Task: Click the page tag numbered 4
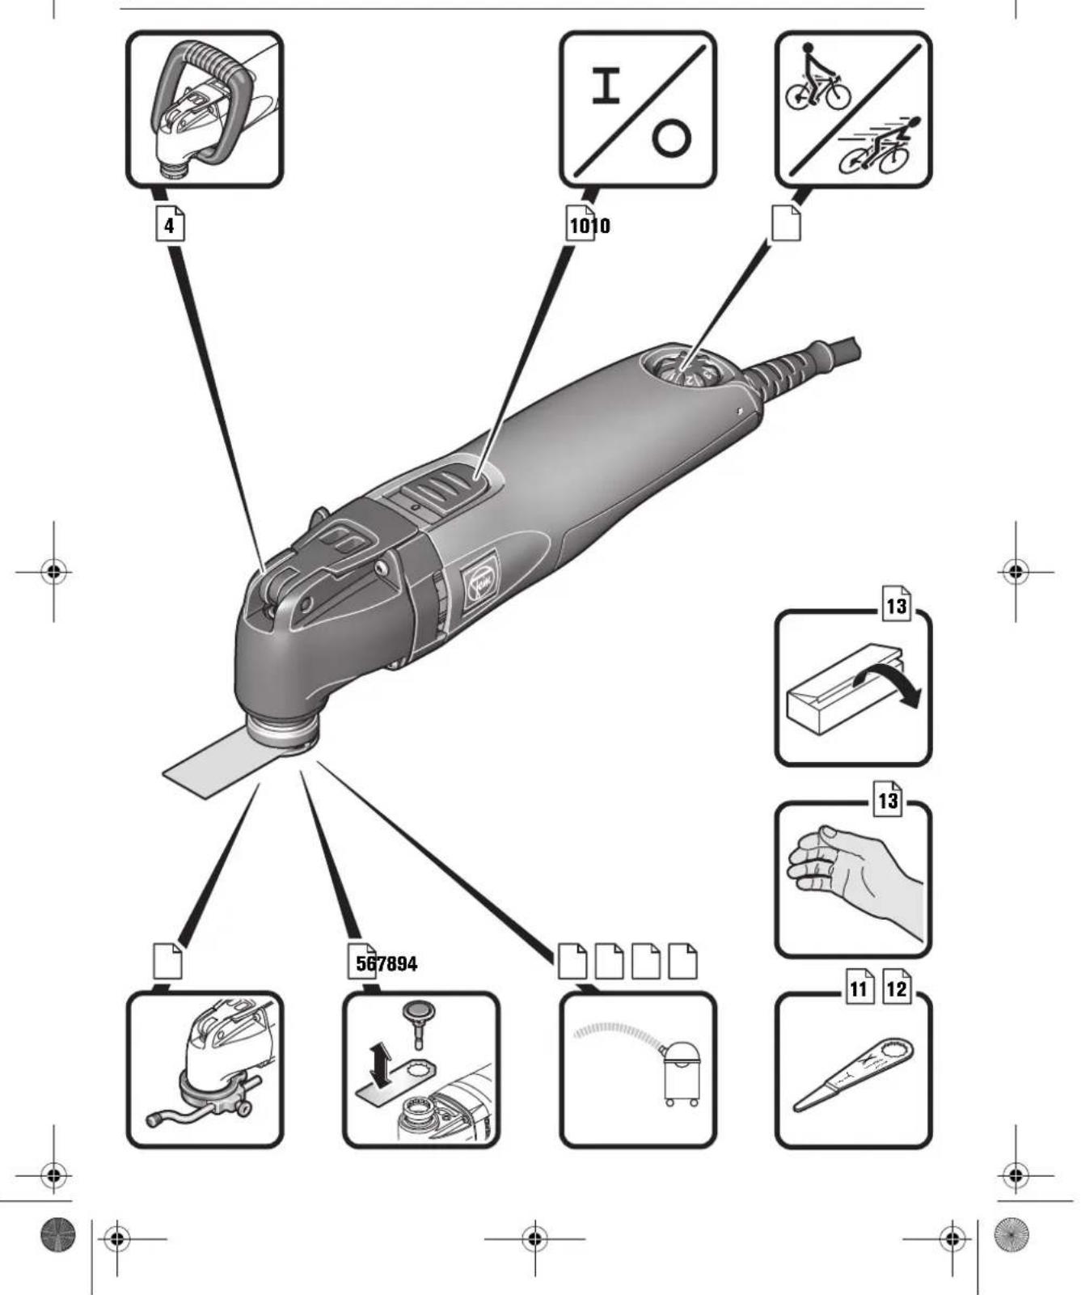(169, 225)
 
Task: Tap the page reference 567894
(386, 963)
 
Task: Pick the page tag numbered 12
(897, 988)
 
